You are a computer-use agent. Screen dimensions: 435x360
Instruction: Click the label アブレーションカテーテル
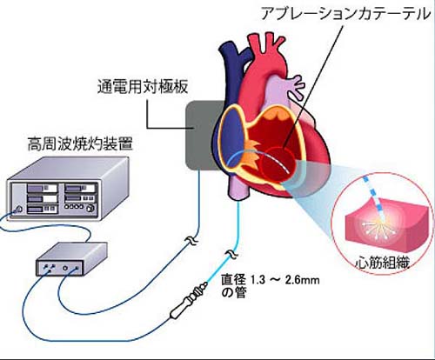346,14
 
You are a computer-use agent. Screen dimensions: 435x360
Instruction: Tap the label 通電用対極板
143,86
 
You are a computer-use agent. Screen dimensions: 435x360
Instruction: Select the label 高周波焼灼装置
80,143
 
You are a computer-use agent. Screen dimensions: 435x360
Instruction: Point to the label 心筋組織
383,263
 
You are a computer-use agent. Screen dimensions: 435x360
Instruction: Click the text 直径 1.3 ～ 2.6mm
271,280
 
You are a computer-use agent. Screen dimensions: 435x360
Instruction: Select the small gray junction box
71,259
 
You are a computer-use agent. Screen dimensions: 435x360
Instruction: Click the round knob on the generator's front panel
91,208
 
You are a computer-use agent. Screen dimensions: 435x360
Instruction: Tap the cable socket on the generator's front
19,209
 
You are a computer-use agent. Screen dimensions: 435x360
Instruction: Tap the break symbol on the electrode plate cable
192,240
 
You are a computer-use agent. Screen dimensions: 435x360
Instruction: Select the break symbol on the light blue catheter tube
232,254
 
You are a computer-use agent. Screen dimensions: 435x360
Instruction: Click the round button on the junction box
66,268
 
